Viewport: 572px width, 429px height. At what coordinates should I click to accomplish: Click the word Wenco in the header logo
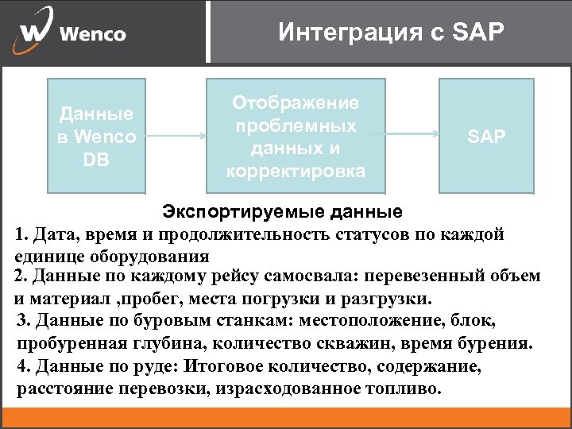point(93,34)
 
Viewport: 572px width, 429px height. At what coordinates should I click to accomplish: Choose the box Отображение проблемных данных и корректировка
point(295,136)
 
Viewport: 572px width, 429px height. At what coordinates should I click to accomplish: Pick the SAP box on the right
point(486,136)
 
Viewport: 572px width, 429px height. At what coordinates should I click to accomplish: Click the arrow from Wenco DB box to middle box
point(176,136)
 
